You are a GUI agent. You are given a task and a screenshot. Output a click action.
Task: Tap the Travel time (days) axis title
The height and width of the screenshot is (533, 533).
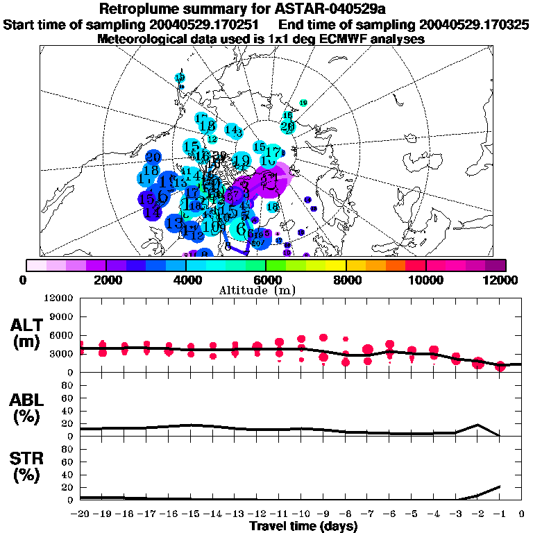tap(303, 527)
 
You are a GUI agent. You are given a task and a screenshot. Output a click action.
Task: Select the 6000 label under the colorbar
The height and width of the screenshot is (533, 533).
tap(266, 280)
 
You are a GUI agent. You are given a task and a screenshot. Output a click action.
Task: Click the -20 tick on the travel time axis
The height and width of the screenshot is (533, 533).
tap(81, 514)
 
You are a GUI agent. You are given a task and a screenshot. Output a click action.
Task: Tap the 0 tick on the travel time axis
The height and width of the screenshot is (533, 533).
tap(522, 514)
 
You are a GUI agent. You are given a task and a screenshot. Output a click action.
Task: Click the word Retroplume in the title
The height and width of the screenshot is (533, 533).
tap(144, 9)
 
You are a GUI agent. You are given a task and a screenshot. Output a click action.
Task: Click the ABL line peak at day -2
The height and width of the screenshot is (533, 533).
tap(477, 425)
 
